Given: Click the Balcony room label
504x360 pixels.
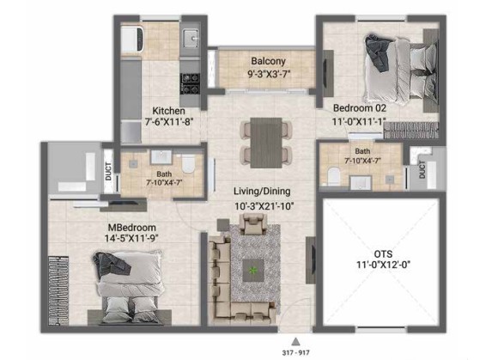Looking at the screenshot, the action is tap(268, 61).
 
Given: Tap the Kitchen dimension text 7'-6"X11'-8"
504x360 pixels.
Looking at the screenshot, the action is tap(169, 122).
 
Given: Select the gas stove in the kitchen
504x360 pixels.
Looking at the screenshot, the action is tap(190, 83).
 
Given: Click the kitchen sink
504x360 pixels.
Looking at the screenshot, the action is tap(191, 38).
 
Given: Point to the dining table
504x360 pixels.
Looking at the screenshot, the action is tap(266, 143).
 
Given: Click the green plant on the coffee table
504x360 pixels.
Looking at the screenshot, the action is tap(253, 271).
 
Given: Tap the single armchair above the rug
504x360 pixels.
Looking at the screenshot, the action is tap(253, 224).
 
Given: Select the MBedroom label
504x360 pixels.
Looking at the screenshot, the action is tap(131, 228).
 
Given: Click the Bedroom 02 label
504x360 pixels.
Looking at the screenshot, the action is tap(360, 108).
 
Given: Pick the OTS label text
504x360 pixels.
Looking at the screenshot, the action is tap(383, 254).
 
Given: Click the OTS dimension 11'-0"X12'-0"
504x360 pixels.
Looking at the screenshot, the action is tap(383, 265).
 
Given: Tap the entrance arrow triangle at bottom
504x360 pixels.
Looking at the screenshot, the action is tap(295, 341).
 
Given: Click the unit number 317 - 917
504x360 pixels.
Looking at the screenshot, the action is tap(295, 352).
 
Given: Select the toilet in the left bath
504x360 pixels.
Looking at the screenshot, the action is tap(188, 163).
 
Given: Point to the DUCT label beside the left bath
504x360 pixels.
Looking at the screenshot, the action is tap(108, 172).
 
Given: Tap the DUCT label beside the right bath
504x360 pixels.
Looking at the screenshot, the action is tap(422, 169).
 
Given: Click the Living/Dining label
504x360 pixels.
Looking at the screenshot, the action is tap(262, 191).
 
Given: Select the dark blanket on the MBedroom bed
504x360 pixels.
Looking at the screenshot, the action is tap(111, 264).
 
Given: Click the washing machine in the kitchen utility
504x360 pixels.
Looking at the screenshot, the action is tap(131, 40).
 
